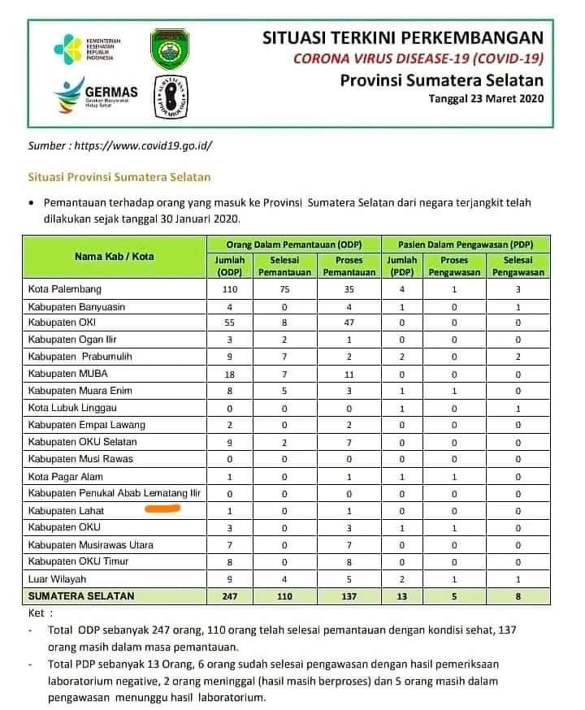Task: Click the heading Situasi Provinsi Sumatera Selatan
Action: [119, 176]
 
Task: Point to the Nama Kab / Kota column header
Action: [114, 257]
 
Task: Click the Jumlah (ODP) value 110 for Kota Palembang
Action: [231, 288]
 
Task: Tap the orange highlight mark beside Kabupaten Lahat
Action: [162, 510]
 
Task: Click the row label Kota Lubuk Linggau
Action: [72, 408]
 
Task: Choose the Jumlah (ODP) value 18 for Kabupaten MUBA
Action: [231, 374]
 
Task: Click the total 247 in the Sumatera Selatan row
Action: [231, 595]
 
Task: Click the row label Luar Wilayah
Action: [57, 578]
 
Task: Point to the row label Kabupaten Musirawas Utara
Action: [90, 544]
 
